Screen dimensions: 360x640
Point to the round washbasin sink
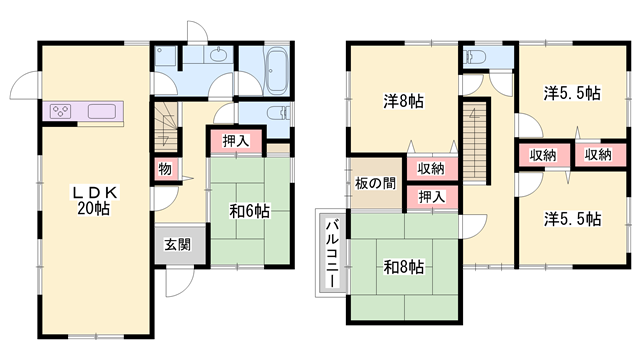pos(218,56)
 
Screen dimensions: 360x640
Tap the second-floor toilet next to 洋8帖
pos(474,56)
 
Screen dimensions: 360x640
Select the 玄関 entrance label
pos(180,242)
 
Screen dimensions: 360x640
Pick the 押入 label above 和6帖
pos(236,142)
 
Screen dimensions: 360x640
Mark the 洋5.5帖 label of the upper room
pos(572,93)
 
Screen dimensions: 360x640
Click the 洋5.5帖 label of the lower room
pos(572,218)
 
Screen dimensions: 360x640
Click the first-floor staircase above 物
pos(165,124)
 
